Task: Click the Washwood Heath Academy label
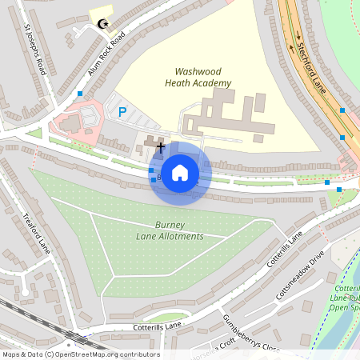pos(198,77)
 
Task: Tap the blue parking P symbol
pos(122,113)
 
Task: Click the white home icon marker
pos(180,172)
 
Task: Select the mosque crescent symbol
pos(101,24)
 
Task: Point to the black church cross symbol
pos(160,146)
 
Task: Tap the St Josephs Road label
pos(36,50)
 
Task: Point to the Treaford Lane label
pos(37,233)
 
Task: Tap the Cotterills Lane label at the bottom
pos(157,326)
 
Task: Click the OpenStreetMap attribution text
pos(80,354)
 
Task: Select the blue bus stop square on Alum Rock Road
pos(80,94)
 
